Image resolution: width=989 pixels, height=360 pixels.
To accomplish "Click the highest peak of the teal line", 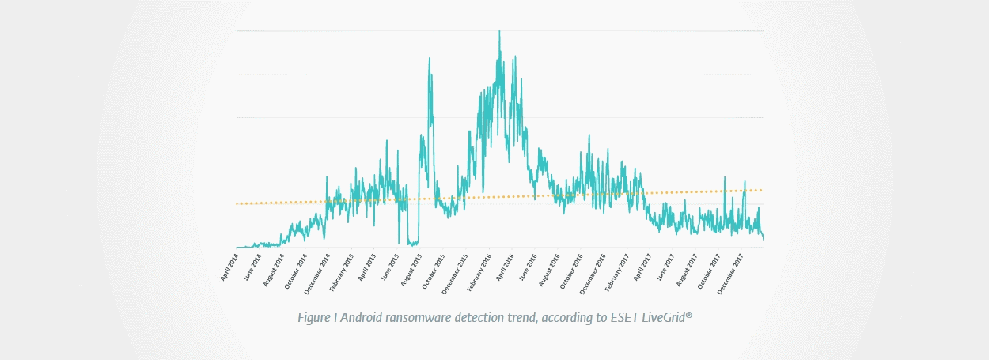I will [x=499, y=32].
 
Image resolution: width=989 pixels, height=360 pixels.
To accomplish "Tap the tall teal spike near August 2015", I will [x=430, y=59].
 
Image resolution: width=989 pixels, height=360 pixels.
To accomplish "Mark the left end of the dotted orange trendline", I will [x=237, y=203].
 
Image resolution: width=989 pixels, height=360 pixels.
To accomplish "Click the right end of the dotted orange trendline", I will [x=761, y=190].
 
